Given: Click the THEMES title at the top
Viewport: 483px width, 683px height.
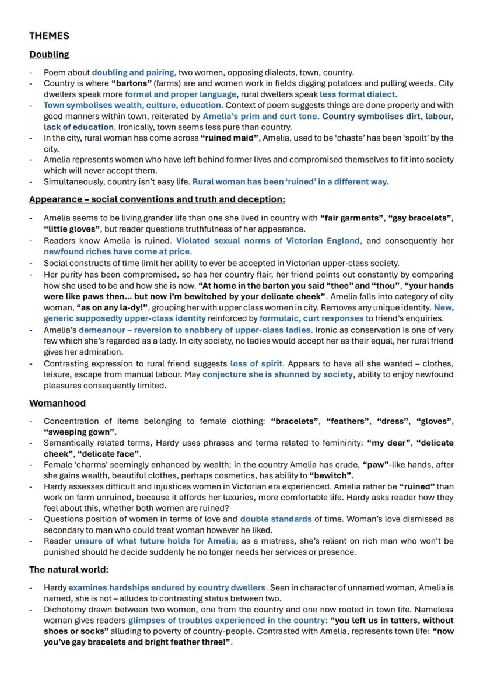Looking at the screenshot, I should point(49,36).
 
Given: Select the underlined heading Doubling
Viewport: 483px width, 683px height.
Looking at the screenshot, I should point(49,54).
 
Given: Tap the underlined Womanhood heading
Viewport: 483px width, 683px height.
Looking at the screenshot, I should point(57,403).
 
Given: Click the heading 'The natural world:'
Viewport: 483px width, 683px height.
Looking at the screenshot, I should point(69,569).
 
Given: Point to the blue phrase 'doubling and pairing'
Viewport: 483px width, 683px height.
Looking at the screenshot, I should point(133,73).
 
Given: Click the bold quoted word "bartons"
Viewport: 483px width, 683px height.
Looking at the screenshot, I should point(131,83).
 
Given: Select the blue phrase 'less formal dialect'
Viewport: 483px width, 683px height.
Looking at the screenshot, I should point(358,94).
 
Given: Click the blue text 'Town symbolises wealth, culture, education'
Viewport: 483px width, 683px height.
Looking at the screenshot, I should point(132,106).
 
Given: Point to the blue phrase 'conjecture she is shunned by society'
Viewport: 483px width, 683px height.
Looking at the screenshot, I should point(277,374).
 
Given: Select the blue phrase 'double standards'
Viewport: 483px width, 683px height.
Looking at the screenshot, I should point(275,519).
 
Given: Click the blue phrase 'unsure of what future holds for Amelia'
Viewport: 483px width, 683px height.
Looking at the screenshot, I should point(155,541).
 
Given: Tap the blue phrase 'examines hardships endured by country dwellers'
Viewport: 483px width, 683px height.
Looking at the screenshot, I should point(167,587).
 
